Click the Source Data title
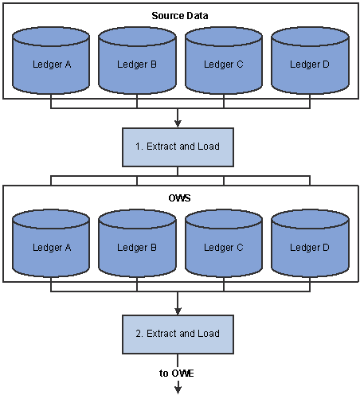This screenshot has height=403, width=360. tap(180, 16)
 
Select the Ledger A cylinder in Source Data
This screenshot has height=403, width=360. tap(51, 61)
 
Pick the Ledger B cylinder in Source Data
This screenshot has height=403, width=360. tap(137, 61)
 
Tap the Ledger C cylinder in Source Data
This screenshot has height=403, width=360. tap(224, 61)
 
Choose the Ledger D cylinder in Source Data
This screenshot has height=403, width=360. tap(310, 61)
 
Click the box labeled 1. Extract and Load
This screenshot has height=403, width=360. tap(178, 147)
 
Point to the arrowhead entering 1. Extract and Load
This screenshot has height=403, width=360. tap(178, 123)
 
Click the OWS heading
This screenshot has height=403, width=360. tap(179, 198)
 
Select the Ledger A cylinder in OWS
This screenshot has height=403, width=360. tap(51, 243)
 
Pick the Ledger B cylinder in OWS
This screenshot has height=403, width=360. tap(137, 243)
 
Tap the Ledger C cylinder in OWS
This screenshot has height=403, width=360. tap(224, 243)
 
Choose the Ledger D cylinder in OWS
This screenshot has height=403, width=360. tap(310, 243)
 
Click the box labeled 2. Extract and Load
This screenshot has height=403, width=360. tap(178, 335)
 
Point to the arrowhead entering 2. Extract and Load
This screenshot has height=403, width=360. tap(178, 311)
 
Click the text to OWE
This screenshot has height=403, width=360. tap(177, 374)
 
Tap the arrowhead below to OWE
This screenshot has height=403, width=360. tap(178, 389)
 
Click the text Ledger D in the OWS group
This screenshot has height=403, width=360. tap(310, 248)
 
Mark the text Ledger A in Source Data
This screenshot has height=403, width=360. tap(52, 65)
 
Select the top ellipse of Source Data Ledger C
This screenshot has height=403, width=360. tap(224, 37)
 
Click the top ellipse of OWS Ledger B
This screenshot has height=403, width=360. tap(137, 219)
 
